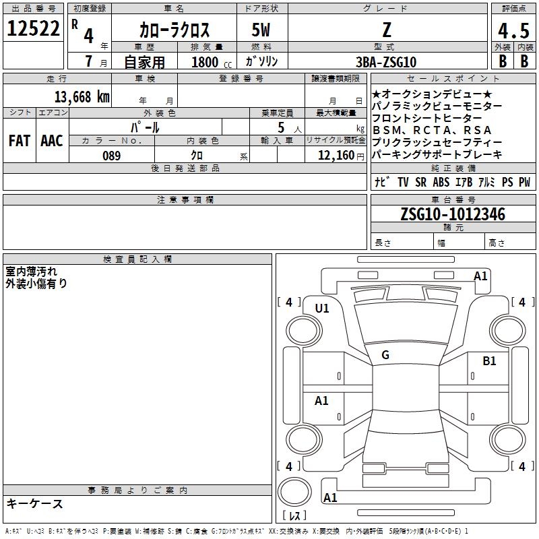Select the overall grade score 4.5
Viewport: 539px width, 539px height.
point(513,31)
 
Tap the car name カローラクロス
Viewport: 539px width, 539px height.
point(175,30)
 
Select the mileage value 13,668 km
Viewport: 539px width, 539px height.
point(80,96)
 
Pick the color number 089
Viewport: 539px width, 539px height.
point(112,156)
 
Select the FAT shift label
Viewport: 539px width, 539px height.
point(20,141)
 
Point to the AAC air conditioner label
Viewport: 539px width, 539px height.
point(52,141)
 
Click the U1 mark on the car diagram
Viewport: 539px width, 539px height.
point(322,308)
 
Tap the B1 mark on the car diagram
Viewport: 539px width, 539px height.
point(489,361)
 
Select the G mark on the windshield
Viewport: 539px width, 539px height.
point(385,355)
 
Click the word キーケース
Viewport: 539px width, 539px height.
point(35,503)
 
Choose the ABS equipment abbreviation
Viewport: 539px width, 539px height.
point(441,182)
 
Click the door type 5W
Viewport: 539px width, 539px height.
point(261,30)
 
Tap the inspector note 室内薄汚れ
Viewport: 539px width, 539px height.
point(32,271)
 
